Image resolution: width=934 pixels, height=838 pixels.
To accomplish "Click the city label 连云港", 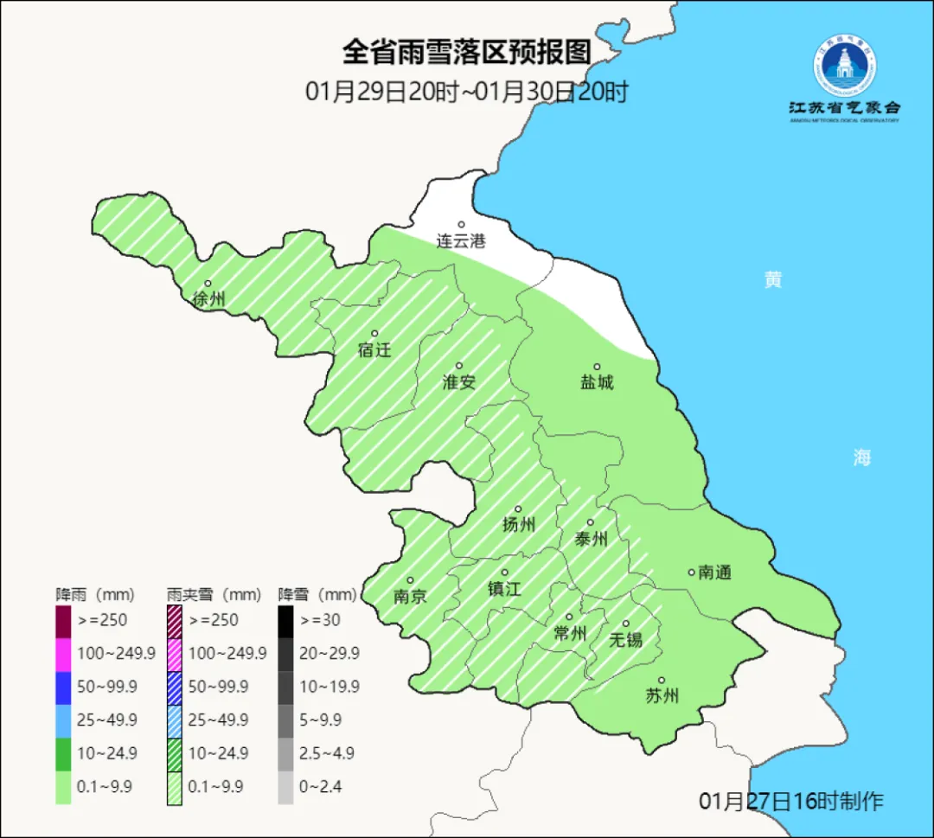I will pos(461,241).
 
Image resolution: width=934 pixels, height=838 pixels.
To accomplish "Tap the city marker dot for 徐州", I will pos(208,284).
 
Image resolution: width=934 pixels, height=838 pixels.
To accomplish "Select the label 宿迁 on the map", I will pos(374,350).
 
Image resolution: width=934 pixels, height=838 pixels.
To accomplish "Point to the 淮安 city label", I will pos(459,381).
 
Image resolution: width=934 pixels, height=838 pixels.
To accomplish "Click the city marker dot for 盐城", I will pos(597,367).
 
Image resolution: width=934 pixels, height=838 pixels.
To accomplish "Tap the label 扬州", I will pos(519,524).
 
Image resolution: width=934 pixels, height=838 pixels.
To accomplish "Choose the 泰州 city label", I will pos(592,539).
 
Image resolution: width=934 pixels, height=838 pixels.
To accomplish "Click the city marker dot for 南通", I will pos(691,572).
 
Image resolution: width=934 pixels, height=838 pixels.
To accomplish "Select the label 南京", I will pos(410,596).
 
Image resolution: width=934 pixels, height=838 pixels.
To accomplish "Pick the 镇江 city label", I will pos(504,589).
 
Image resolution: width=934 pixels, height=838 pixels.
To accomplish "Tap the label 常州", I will pos(570,633).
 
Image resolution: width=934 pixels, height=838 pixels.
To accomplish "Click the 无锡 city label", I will pos(625,639).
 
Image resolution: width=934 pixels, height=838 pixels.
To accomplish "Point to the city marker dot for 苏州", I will pos(662,681).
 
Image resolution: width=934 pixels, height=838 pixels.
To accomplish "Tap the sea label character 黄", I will pos(772,279).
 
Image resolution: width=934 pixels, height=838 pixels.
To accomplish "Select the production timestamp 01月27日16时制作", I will pos(791,801).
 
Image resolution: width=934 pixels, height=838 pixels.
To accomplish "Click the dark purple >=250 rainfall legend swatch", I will pos(63,620).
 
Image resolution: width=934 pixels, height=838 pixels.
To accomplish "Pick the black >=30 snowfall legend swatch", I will pos(285,620).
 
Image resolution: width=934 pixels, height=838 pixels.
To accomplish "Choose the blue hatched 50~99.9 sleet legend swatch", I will pos(174,687).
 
